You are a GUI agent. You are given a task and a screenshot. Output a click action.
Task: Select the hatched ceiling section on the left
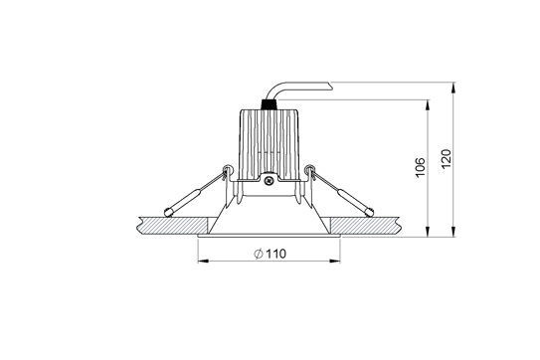coord(165,225)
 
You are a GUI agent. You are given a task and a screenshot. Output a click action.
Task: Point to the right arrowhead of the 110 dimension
coord(340,263)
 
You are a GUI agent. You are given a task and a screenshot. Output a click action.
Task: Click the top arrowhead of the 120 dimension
coord(454,85)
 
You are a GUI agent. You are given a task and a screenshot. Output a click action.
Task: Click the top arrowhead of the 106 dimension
coord(429,103)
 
